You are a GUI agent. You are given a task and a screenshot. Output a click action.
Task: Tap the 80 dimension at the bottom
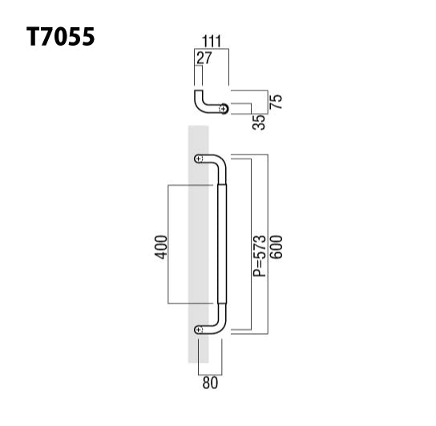pos(210,383)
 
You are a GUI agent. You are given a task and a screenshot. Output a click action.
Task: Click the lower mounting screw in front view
pos(199,328)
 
